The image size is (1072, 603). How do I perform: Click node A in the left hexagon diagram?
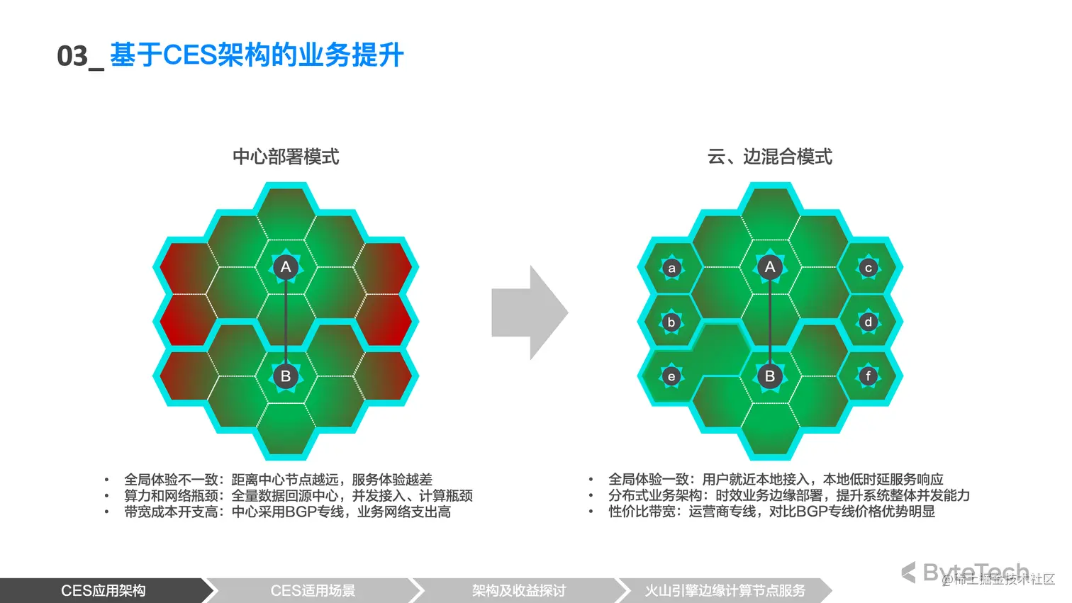click(x=286, y=267)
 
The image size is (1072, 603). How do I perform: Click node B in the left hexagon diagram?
click(x=286, y=376)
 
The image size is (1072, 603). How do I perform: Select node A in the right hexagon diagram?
click(x=770, y=267)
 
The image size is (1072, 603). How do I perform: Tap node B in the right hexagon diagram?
click(x=770, y=376)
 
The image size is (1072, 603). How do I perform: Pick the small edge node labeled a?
click(x=671, y=269)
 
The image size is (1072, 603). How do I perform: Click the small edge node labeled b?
click(x=671, y=322)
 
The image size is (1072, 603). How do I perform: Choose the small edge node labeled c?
click(x=869, y=268)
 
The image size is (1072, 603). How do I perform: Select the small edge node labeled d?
click(x=869, y=322)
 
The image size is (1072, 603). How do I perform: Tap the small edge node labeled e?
click(x=671, y=377)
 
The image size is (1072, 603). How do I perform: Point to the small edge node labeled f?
click(x=869, y=376)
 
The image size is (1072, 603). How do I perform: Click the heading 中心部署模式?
click(x=286, y=157)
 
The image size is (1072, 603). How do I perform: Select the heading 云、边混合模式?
click(x=769, y=157)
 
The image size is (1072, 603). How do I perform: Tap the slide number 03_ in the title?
click(x=79, y=56)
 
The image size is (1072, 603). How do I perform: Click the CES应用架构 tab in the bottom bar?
click(x=104, y=590)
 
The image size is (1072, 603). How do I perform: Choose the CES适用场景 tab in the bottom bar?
click(x=313, y=590)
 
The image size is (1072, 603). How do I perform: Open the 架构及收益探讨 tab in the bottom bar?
click(x=518, y=590)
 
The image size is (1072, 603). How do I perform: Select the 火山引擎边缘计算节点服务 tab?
click(x=725, y=590)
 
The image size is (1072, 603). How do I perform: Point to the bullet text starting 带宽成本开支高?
click(x=287, y=512)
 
